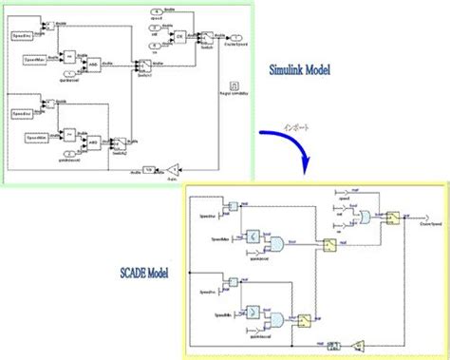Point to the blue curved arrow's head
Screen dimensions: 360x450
pos(306,168)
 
